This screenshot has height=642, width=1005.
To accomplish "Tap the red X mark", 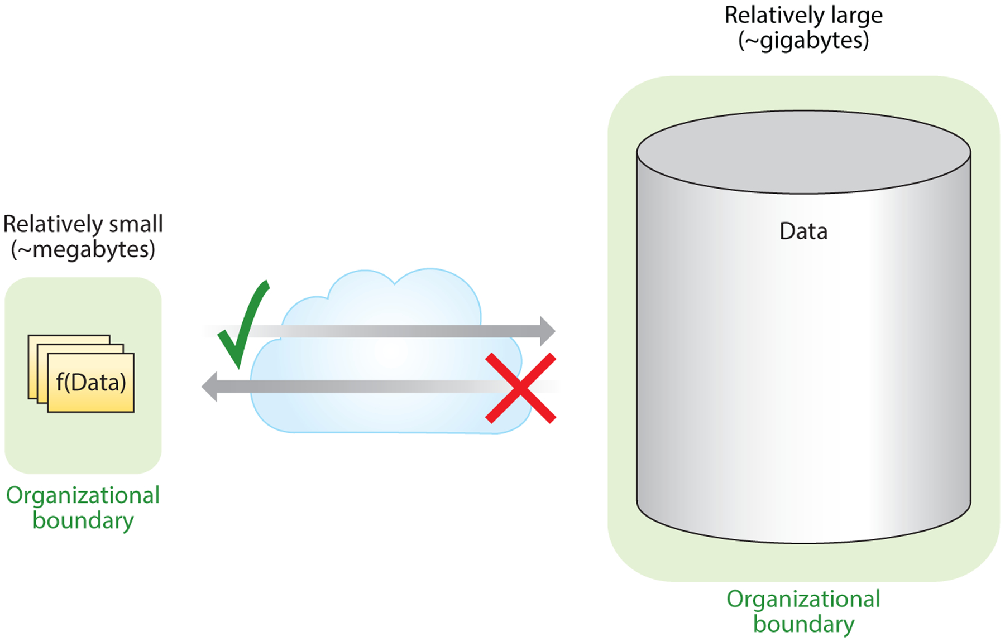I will tap(520, 388).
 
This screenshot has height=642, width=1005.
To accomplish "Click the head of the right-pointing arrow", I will tap(547, 331).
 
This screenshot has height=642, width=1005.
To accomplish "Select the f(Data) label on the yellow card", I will tap(91, 383).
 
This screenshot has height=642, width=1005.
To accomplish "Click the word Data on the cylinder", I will tap(803, 231).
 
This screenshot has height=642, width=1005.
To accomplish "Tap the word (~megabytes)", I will tap(83, 249).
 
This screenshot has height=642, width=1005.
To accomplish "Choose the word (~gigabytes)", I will tap(803, 41).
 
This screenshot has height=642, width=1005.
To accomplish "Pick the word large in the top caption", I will tap(856, 15).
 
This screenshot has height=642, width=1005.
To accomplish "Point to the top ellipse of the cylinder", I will tap(803, 152).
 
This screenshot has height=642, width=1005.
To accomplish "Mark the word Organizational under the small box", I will tap(83, 495).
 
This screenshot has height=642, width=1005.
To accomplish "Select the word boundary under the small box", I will tap(83, 520).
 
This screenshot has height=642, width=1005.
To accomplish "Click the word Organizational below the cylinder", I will tap(803, 599).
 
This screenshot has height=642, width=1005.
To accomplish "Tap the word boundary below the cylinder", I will tap(803, 624).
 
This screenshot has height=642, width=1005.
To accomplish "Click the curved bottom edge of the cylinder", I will tap(803, 542).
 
